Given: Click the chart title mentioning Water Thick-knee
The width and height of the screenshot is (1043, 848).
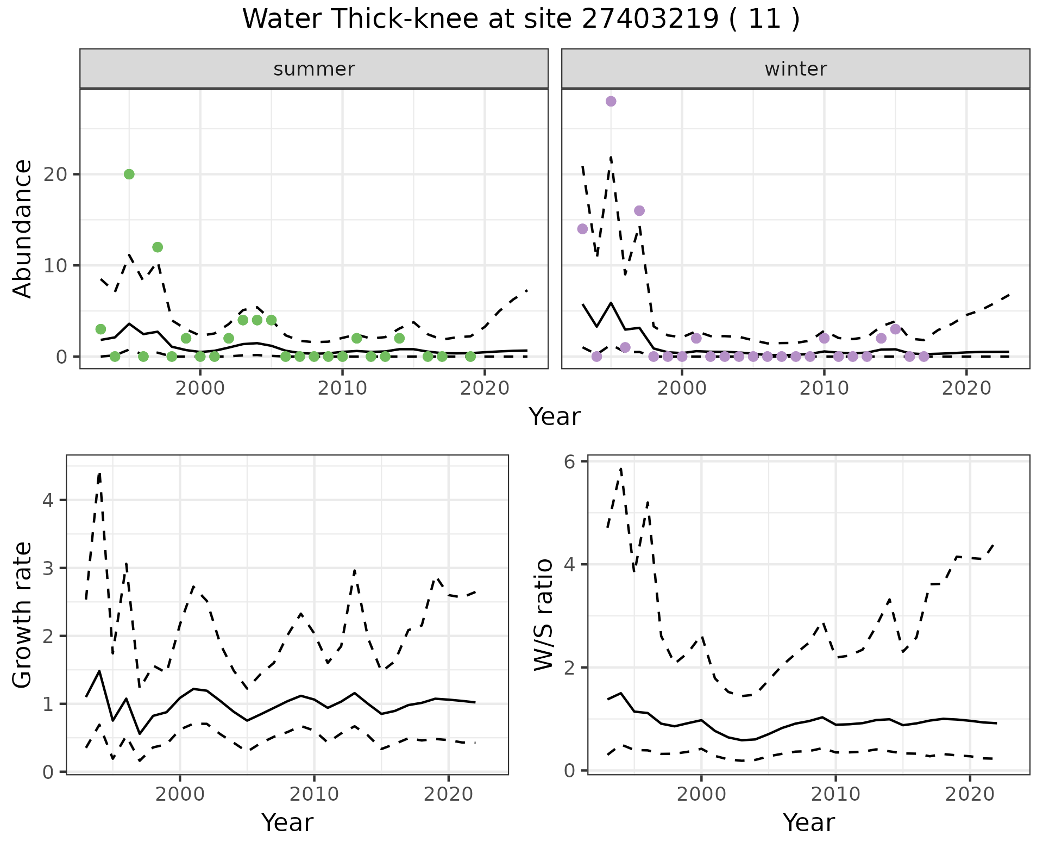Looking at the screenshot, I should (x=520, y=20).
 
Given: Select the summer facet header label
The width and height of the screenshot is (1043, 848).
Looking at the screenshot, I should (x=314, y=69).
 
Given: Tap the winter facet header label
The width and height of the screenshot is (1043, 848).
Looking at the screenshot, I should (x=795, y=69).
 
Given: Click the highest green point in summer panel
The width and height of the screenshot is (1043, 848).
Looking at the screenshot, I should (x=129, y=174).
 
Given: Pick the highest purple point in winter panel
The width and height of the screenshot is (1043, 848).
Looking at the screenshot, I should (x=611, y=101).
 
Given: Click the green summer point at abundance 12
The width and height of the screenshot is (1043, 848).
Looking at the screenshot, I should (x=158, y=247).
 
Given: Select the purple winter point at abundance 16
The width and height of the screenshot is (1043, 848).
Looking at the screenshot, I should (x=639, y=210).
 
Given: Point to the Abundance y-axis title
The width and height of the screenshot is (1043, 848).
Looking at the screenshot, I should (x=23, y=229).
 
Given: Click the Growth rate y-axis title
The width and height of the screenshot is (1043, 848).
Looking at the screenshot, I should (x=23, y=615).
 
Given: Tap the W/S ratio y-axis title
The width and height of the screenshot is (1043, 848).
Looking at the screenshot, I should (x=544, y=615).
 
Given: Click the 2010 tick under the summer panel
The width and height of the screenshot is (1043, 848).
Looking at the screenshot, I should (x=342, y=389).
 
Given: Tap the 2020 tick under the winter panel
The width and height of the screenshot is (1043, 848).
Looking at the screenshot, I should (x=966, y=389).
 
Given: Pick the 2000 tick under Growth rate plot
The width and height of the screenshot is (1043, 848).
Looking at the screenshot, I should (x=180, y=794).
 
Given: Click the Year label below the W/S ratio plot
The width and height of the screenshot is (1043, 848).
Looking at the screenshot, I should (x=808, y=822).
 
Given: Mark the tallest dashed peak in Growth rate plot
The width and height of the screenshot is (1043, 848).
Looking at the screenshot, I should (x=99, y=473).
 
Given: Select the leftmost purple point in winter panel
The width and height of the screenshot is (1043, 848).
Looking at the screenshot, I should (x=582, y=229).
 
